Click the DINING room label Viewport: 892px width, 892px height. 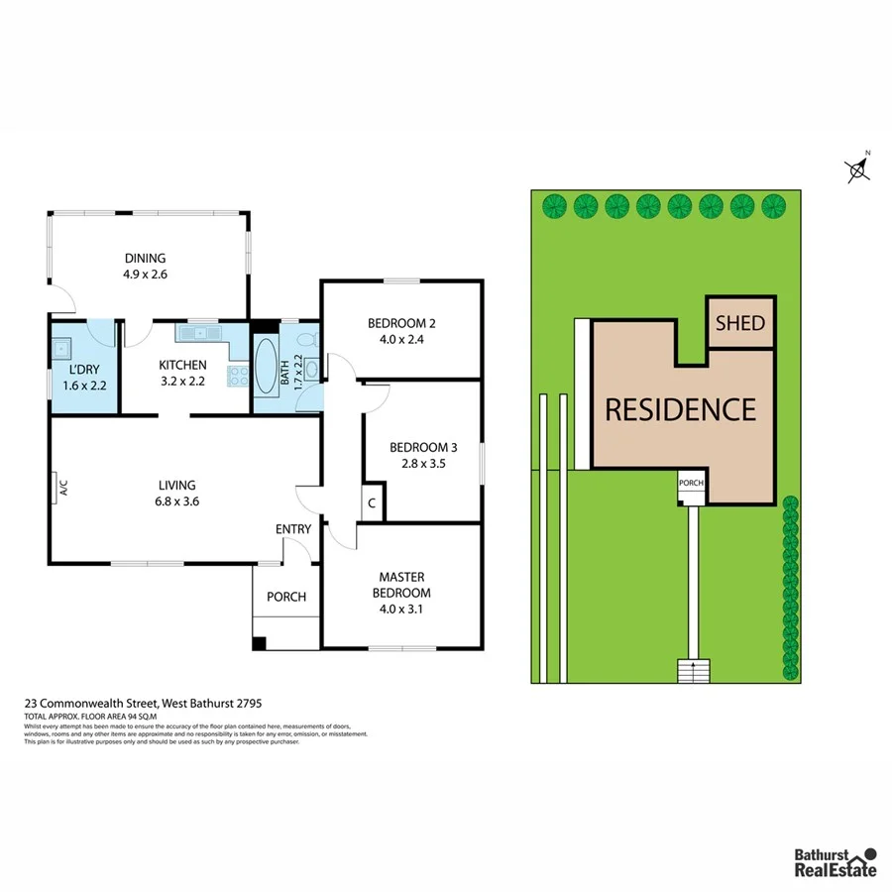pos(145,259)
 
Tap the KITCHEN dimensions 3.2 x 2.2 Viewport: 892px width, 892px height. pos(182,381)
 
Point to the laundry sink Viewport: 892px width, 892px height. pos(61,348)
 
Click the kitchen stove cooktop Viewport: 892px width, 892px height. pos(238,375)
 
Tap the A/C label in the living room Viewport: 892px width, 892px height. pos(62,487)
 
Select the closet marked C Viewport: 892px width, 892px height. pos(372,502)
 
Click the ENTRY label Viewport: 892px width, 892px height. pos(293,529)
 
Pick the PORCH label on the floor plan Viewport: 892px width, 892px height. pos(286,597)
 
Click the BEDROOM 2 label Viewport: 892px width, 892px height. pos(401,323)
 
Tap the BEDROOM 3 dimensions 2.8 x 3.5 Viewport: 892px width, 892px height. pos(423,462)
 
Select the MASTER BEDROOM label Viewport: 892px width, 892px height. pos(401,585)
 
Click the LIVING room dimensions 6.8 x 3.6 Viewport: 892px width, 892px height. pos(179,502)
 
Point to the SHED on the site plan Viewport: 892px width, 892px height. pos(739,323)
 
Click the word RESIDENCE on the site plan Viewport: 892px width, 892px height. pos(680,409)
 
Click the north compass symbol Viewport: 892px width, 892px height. pos(859,169)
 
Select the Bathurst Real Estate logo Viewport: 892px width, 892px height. pos(835,861)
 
